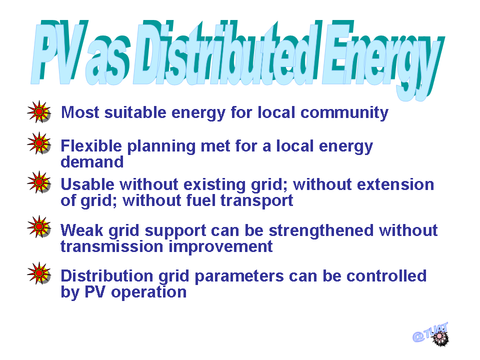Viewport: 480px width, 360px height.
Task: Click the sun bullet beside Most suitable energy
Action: click(39, 111)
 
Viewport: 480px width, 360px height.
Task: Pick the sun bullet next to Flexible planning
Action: click(39, 143)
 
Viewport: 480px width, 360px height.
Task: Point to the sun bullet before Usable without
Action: click(39, 182)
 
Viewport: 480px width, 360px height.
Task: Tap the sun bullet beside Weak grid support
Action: click(39, 226)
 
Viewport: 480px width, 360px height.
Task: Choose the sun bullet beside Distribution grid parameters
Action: click(39, 273)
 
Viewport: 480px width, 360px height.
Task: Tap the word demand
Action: click(92, 161)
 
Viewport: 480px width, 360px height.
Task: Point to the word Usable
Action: click(87, 184)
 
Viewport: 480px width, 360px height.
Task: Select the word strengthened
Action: click(321, 231)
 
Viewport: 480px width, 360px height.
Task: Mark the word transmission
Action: click(111, 246)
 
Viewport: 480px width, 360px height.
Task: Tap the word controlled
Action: click(386, 276)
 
